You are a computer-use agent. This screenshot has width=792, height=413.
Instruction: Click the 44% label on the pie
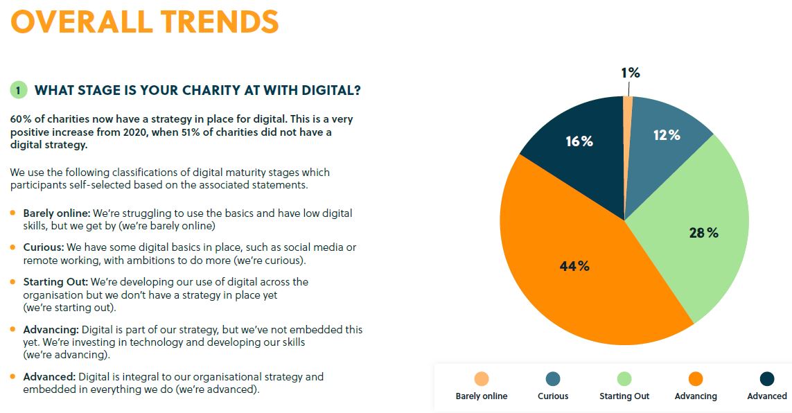pyautogui.click(x=574, y=266)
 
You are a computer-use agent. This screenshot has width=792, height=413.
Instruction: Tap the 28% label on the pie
pyautogui.click(x=703, y=234)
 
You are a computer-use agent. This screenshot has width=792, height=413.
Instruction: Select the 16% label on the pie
pyautogui.click(x=579, y=141)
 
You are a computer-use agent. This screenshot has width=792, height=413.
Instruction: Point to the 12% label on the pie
pyautogui.click(x=666, y=136)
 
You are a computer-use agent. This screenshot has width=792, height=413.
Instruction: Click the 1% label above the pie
pyautogui.click(x=630, y=73)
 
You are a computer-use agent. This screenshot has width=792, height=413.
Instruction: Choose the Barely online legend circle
pyautogui.click(x=481, y=378)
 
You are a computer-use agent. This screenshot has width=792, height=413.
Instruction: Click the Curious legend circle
pyautogui.click(x=553, y=378)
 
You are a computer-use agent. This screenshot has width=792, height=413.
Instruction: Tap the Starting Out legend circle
pyautogui.click(x=624, y=378)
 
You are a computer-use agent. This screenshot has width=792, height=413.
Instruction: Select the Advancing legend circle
pyautogui.click(x=696, y=378)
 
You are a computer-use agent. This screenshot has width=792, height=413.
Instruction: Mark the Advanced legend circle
pyautogui.click(x=767, y=378)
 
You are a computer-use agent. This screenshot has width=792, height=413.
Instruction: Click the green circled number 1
pyautogui.click(x=18, y=91)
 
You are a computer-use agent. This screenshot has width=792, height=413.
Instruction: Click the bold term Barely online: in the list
pyautogui.click(x=57, y=213)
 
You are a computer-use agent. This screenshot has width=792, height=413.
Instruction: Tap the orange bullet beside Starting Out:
pyautogui.click(x=13, y=281)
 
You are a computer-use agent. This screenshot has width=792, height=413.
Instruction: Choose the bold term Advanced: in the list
pyautogui.click(x=49, y=377)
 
